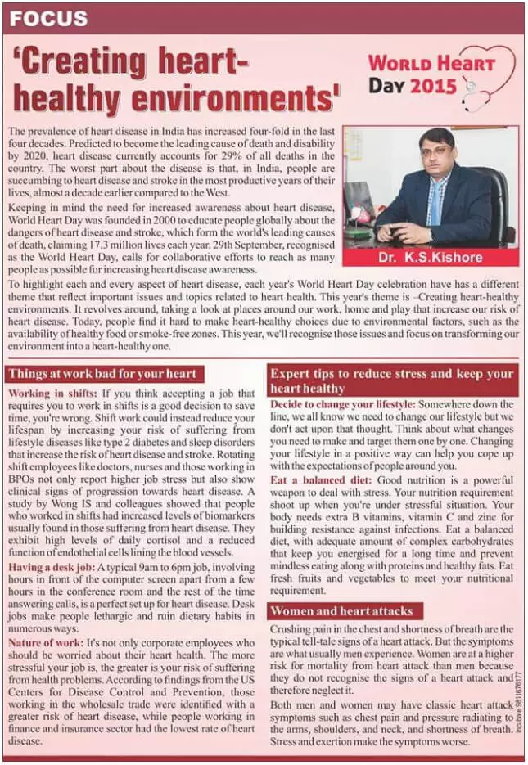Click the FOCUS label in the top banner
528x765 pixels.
[49, 17]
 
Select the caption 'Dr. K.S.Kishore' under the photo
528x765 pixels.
[431, 257]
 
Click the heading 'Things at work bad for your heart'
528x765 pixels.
[102, 374]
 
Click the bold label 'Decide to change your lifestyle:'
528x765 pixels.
[344, 404]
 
